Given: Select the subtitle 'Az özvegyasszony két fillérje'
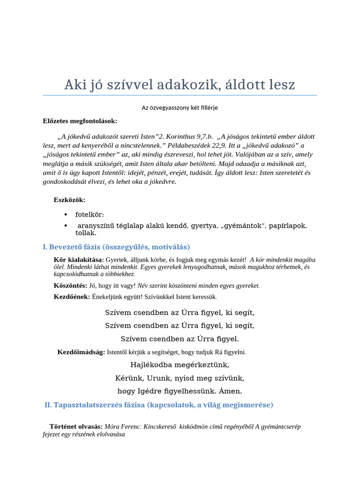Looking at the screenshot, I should click(x=180, y=108).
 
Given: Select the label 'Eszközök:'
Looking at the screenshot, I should click(x=69, y=200).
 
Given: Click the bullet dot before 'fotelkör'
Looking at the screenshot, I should click(x=65, y=215).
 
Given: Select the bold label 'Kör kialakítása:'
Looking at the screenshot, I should click(x=79, y=260).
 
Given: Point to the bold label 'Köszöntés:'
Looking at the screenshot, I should click(x=70, y=285).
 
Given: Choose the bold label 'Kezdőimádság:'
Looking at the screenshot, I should click(x=81, y=352).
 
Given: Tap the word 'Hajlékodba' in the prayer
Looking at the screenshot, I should click(x=149, y=364).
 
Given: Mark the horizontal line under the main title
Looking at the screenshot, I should click(x=180, y=96).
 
